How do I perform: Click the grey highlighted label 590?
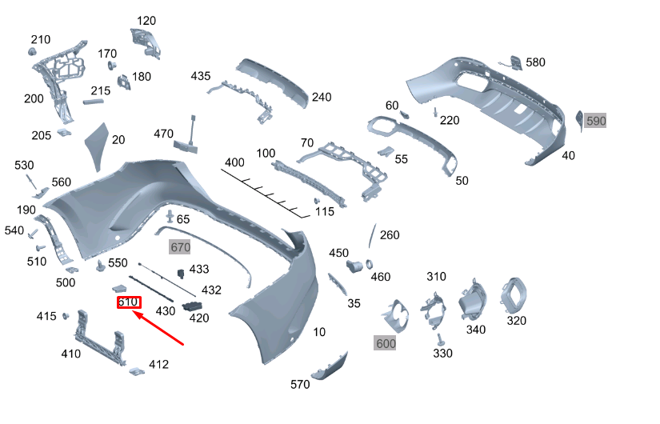coord(596,121)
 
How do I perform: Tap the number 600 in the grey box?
coord(386,342)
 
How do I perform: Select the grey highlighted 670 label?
coord(179,248)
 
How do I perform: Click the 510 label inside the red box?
coord(128,302)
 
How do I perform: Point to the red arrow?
coord(160,329)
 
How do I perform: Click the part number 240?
coord(321,98)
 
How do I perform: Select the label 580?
coord(535,62)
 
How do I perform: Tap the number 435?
coord(201,76)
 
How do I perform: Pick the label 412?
coord(158,365)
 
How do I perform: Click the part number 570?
coord(300,385)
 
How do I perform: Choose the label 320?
coord(517,321)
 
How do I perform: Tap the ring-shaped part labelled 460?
coord(370,264)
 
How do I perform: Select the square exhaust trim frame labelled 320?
coord(512,294)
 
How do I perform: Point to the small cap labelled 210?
coord(34,52)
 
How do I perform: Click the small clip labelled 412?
coord(136,370)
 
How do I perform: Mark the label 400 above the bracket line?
coord(234,162)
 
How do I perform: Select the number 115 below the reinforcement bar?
coord(324,212)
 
